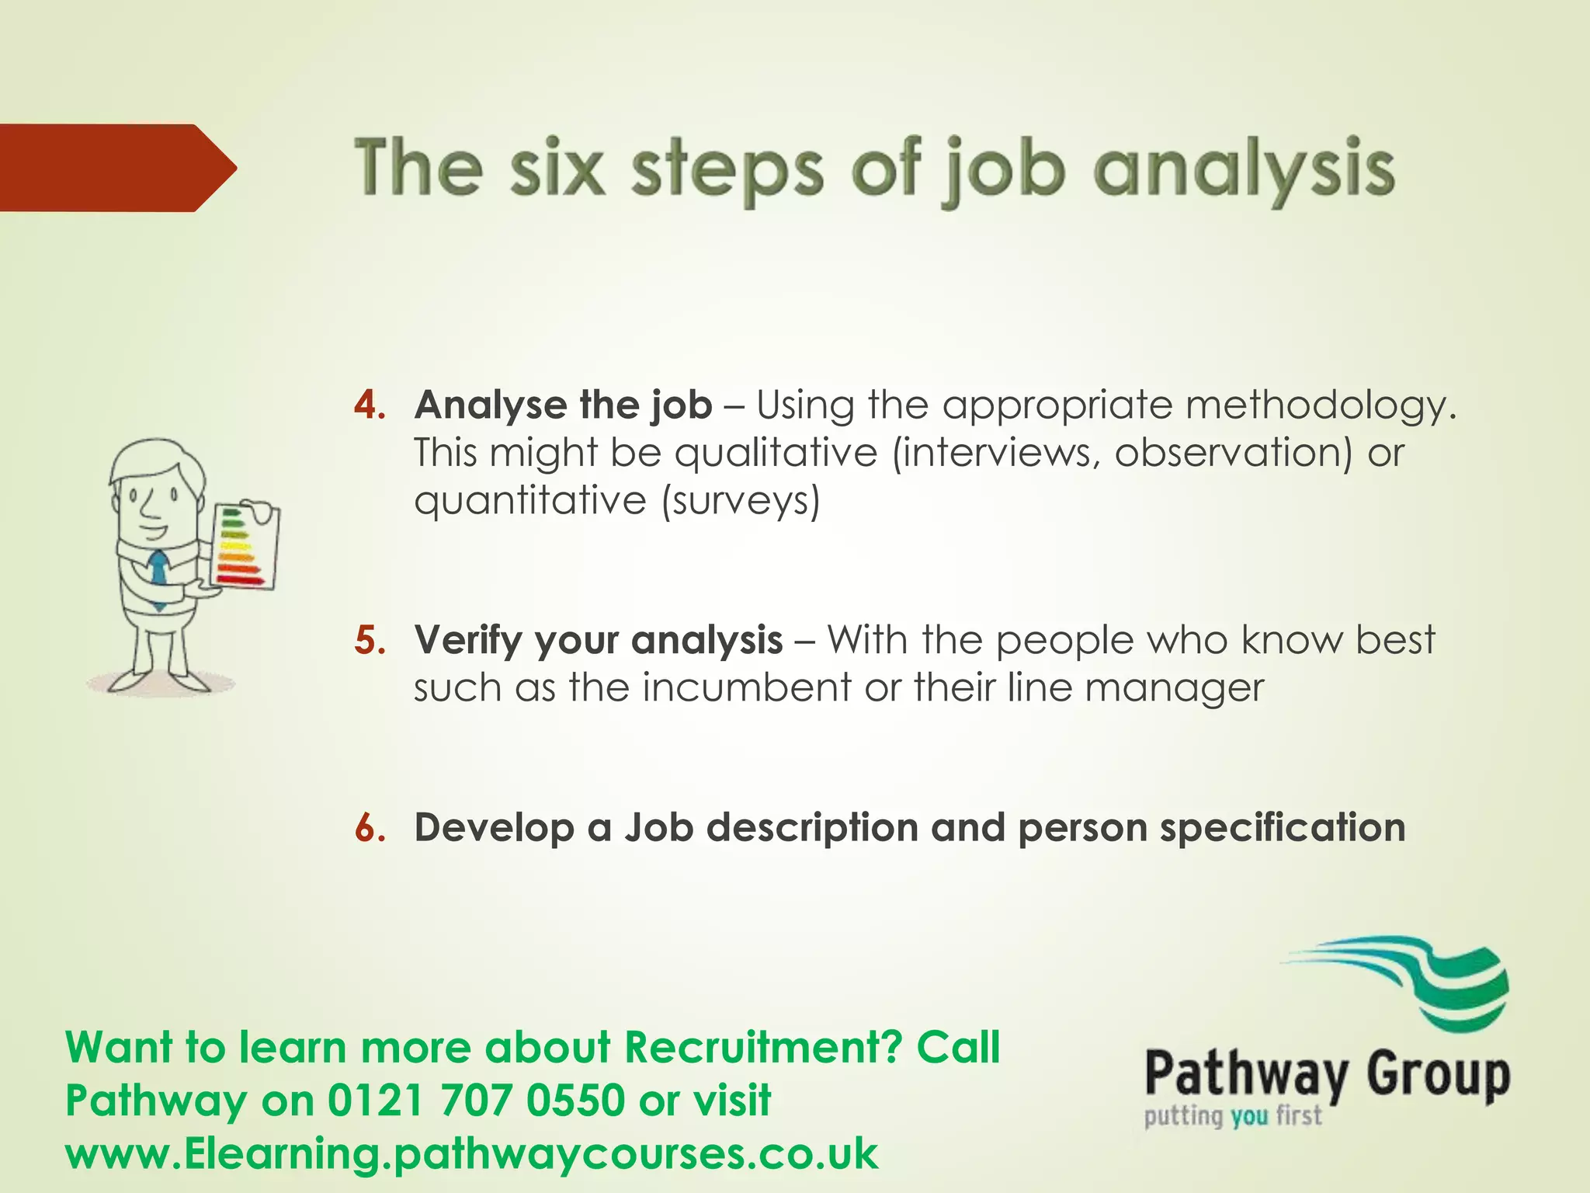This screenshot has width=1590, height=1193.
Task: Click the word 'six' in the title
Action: (x=557, y=169)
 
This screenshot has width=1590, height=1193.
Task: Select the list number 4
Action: (x=370, y=405)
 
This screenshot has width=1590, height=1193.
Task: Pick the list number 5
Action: (x=370, y=641)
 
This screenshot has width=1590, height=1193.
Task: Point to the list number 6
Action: (x=370, y=828)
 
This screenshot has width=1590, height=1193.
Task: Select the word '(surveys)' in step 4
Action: (x=741, y=501)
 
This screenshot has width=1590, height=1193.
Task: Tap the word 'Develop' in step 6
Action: (x=495, y=828)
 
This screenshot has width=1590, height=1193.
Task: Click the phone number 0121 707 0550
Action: (x=477, y=1101)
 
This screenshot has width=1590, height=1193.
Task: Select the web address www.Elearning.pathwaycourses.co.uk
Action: (x=471, y=1153)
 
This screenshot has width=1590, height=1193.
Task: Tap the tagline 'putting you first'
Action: (x=1232, y=1117)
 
